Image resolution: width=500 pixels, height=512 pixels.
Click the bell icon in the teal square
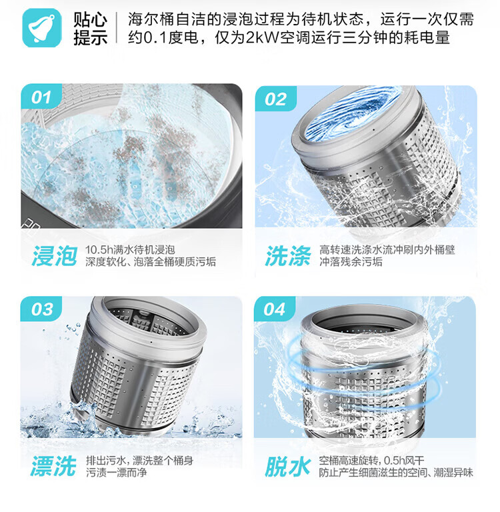[x=41, y=28]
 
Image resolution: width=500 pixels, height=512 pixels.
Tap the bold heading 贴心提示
[x=90, y=29]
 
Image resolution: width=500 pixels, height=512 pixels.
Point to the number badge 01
[x=41, y=97]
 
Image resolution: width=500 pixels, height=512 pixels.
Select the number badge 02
[x=275, y=99]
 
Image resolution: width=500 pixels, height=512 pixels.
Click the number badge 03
[x=41, y=309]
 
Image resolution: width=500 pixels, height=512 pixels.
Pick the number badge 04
[x=275, y=309]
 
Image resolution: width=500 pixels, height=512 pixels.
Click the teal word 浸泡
[x=55, y=256]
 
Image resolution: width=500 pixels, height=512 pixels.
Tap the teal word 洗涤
[x=288, y=256]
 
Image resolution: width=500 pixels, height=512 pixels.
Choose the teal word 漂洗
[x=54, y=466]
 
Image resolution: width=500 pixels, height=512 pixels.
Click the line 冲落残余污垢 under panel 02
[x=351, y=262]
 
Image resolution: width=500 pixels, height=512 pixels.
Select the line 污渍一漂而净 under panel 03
[x=117, y=473]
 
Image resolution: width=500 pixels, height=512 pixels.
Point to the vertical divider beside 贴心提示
[x=117, y=28]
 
